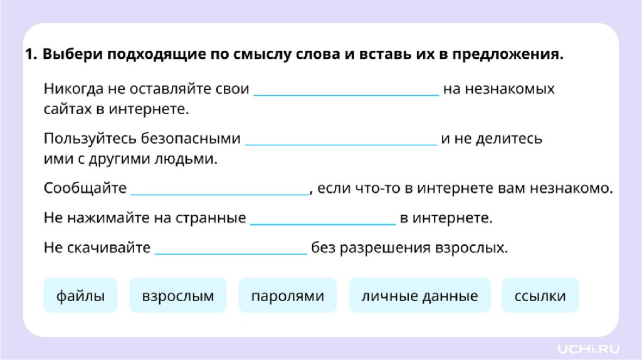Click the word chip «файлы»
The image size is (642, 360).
click(x=80, y=295)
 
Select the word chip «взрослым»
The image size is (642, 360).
click(x=178, y=295)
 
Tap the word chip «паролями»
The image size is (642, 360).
click(x=288, y=295)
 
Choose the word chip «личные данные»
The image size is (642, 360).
click(x=419, y=295)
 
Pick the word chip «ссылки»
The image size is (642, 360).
click(x=540, y=295)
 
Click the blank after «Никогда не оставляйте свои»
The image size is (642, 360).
click(x=345, y=90)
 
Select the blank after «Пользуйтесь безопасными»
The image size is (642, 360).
click(x=341, y=139)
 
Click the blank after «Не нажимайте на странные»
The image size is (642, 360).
click(x=323, y=219)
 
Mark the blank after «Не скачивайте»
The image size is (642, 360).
click(x=231, y=248)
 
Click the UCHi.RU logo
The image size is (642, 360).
click(x=584, y=346)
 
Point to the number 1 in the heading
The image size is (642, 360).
click(x=29, y=55)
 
